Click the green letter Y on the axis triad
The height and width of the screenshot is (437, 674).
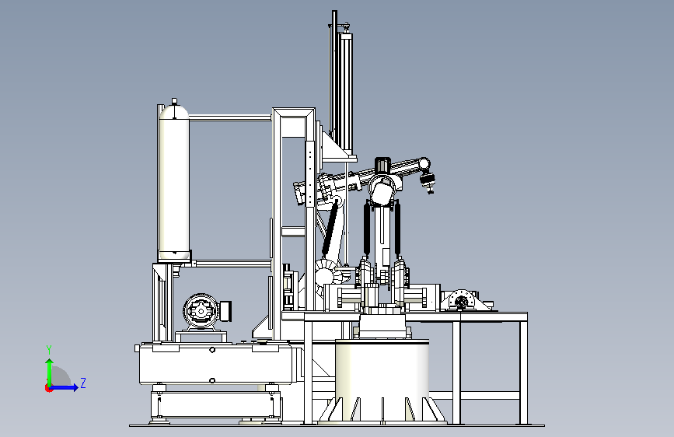tap(49, 350)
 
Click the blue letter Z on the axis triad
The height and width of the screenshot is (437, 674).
tap(83, 383)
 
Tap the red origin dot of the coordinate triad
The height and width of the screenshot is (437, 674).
tap(48, 388)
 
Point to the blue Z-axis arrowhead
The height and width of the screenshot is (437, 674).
tap(75, 387)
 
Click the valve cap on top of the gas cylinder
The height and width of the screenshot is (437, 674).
tap(174, 102)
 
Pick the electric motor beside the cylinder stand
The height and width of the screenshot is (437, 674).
tap(205, 311)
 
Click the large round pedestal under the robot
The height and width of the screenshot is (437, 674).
tap(382, 379)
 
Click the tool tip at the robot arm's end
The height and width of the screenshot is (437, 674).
tap(428, 183)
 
